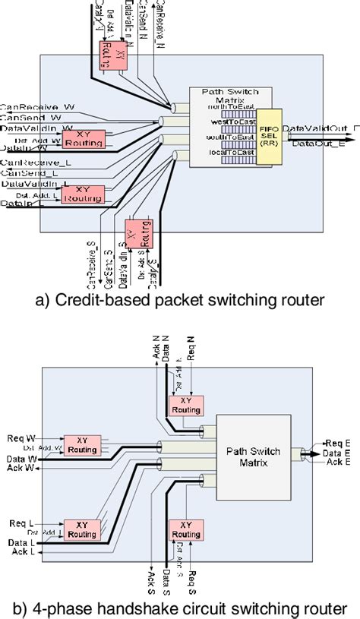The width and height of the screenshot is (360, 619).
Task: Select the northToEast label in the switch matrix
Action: point(231,108)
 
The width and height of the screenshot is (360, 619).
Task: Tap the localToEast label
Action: point(230,152)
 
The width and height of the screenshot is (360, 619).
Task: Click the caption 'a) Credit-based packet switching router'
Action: point(180,299)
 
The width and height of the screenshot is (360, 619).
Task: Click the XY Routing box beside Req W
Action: point(82,445)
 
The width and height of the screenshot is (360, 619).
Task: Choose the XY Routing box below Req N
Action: point(185,405)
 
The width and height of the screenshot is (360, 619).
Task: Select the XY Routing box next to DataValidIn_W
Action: point(83,138)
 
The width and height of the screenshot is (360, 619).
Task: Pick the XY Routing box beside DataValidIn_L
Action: point(83,194)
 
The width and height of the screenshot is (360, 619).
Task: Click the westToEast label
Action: point(230,122)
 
